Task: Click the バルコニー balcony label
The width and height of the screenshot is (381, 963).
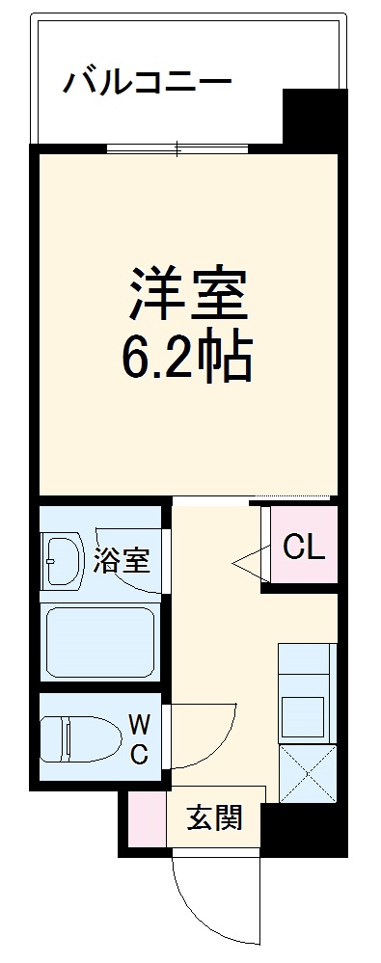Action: [x=147, y=82]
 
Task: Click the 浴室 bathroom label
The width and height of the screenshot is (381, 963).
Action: [x=122, y=562]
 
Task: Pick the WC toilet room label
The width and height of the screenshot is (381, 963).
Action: [x=139, y=738]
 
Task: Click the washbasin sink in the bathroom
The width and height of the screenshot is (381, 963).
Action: [x=64, y=559]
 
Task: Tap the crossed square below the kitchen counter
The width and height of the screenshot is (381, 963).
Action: [x=308, y=774]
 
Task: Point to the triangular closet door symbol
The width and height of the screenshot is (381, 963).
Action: [x=250, y=563]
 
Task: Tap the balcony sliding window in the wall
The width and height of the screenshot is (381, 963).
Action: [x=177, y=148]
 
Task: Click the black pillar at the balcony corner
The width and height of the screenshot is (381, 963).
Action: [x=313, y=116]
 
